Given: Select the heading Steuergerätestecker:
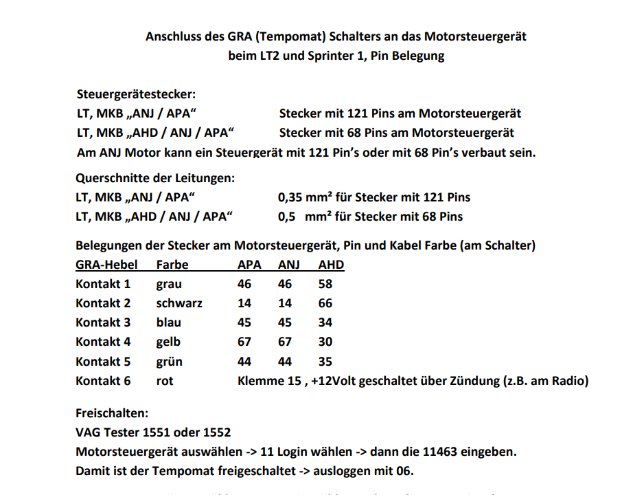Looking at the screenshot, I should click(x=136, y=95).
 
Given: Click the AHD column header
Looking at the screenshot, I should click(x=331, y=265).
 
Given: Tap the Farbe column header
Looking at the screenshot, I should click(x=172, y=265).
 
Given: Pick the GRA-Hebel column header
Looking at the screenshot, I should click(x=106, y=265).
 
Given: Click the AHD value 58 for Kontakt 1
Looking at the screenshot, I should click(x=326, y=284).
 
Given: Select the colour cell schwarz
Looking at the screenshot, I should click(x=179, y=303).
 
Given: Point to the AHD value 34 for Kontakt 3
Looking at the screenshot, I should click(x=326, y=322).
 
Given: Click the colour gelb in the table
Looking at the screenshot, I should click(x=168, y=342).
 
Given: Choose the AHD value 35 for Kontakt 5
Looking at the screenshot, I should click(x=326, y=361).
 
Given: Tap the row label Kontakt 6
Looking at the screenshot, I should click(x=103, y=380).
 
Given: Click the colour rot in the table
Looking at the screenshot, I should click(x=165, y=380).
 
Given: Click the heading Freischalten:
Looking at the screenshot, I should click(x=111, y=414).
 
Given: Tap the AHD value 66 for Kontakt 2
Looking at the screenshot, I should click(x=326, y=303).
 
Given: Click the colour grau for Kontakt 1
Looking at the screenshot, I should click(x=169, y=284).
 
